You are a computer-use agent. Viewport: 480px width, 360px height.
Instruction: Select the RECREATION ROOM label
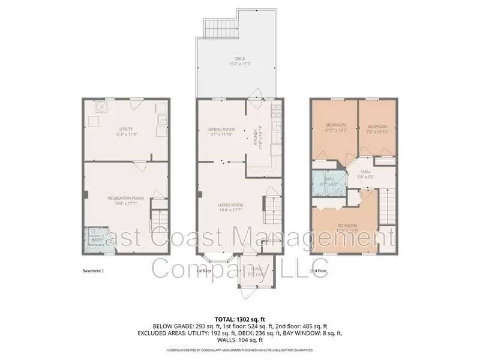[126, 200]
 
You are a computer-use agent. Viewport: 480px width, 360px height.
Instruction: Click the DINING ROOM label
[221, 130]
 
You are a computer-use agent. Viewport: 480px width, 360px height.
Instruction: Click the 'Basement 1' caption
[93, 271]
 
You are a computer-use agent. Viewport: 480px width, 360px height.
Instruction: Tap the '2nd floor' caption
[318, 271]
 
